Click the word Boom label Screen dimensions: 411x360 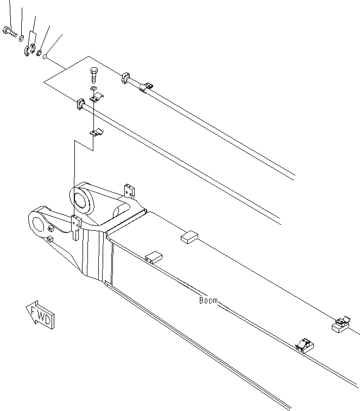208,300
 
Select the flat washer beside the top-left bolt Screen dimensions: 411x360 21,38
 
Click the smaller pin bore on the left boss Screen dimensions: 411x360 39,223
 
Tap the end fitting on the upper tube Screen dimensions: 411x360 125,78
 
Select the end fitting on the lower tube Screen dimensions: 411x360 79,104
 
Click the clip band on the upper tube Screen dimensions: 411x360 146,87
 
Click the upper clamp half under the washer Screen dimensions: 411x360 96,98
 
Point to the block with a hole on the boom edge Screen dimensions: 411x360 153,256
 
